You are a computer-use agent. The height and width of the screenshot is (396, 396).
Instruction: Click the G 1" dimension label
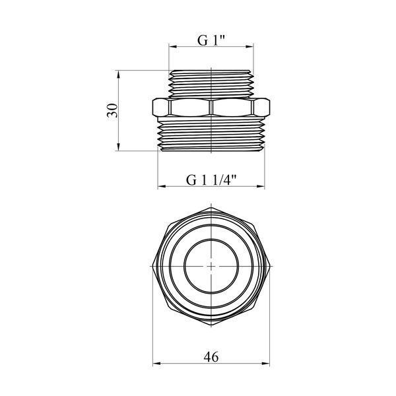[211, 40]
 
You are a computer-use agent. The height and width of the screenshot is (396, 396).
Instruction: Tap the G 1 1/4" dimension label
[211, 180]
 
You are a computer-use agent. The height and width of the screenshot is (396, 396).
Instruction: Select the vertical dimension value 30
[113, 110]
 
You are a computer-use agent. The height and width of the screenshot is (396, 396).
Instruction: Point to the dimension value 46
[211, 357]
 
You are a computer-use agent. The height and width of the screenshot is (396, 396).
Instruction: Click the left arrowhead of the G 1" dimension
[172, 46]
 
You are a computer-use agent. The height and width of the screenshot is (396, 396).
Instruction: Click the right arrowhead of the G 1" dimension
[249, 46]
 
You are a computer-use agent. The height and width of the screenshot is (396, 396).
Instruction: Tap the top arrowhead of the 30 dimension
[118, 74]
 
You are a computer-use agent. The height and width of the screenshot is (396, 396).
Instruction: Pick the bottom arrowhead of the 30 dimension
[118, 147]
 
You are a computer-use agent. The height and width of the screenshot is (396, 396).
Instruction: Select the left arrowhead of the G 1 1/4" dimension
[162, 186]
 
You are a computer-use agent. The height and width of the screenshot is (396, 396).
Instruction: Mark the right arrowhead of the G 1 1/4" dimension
[261, 186]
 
